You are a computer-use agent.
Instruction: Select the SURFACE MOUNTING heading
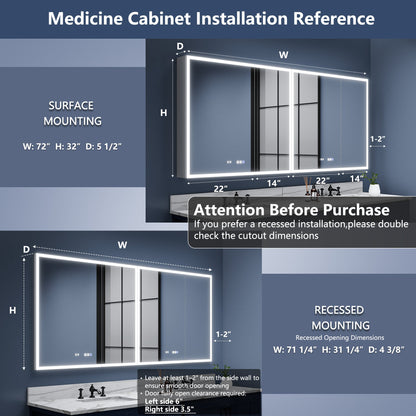point(74,112)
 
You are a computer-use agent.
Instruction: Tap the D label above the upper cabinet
point(180,46)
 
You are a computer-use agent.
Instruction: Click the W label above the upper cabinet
point(284,55)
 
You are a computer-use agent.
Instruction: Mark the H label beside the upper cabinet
point(164,113)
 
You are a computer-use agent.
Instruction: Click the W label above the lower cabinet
point(122,243)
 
